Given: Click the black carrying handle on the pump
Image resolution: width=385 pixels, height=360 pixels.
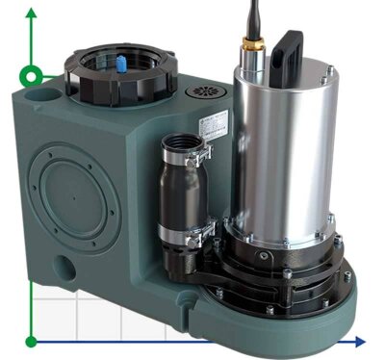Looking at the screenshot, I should pyautogui.click(x=290, y=48).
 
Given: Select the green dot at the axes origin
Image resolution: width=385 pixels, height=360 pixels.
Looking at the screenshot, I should pyautogui.click(x=32, y=341).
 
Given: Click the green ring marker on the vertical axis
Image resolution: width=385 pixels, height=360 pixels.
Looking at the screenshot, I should pyautogui.click(x=32, y=75).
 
